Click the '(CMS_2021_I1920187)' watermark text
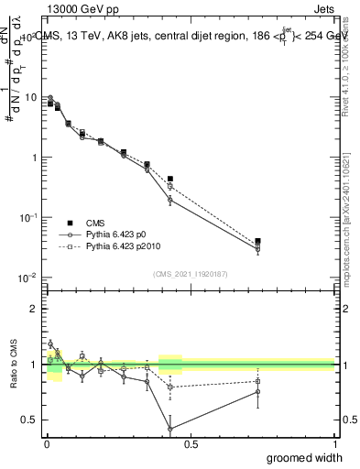click(x=190, y=273)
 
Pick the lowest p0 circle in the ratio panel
click(x=170, y=428)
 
